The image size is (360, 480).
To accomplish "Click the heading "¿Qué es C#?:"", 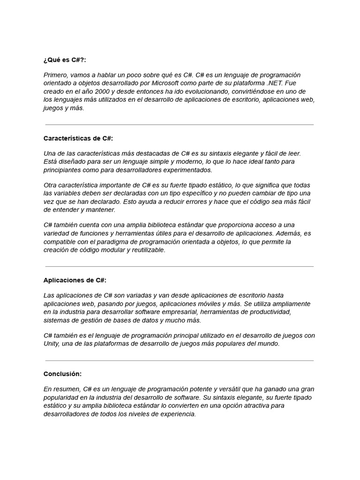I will pyautogui.click(x=65, y=60).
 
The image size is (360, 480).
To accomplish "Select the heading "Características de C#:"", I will pyautogui.click(x=78, y=138).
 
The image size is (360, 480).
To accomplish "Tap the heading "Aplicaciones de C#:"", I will pyautogui.click(x=75, y=280).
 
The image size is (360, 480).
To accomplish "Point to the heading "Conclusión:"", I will pyautogui.click(x=62, y=374).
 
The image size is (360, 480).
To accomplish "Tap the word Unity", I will pyautogui.click(x=51, y=344).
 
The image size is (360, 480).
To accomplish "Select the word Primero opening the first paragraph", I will pyautogui.click(x=56, y=75).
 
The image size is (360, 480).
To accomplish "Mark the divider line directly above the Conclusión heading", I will pyautogui.click(x=180, y=360).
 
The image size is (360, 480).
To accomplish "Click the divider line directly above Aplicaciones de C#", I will pyautogui.click(x=180, y=266).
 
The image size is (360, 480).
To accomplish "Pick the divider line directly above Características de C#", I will pyautogui.click(x=180, y=125).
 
